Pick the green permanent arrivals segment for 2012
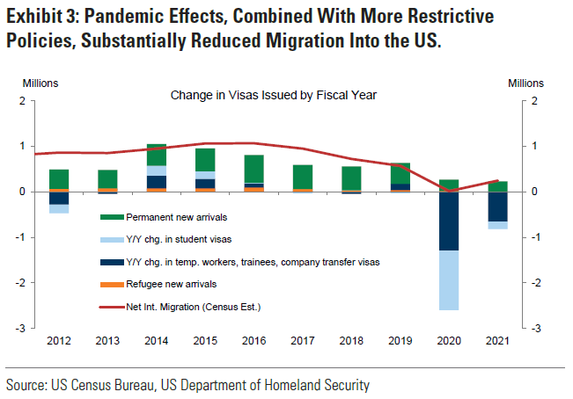tap(59, 179)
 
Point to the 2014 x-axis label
tap(156, 339)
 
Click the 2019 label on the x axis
tap(399, 339)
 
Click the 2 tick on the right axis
tap(525, 100)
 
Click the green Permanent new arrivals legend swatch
tap(113, 217)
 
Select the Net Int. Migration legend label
tap(193, 306)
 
